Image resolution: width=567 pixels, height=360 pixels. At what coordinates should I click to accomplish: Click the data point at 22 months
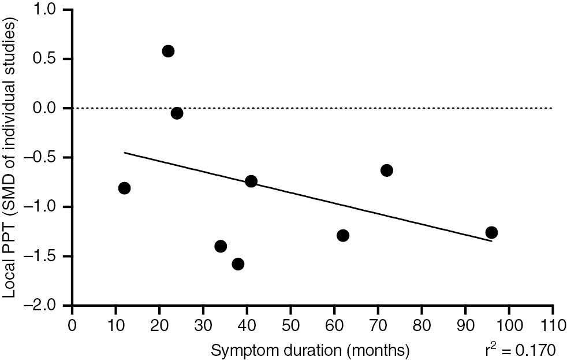pos(168,51)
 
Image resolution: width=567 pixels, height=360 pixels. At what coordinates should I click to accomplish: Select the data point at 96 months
pos(491,232)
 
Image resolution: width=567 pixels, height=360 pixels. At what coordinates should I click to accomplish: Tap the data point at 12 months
pos(124,188)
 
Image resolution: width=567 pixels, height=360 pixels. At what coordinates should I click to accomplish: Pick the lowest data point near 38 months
pos(238,264)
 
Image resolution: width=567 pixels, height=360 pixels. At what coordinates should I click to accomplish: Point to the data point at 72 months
pos(387,170)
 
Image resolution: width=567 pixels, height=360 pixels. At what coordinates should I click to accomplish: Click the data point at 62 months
pos(343,235)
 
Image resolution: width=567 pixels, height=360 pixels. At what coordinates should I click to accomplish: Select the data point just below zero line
pos(177,113)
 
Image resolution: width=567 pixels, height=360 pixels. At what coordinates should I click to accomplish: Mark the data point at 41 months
pos(251,181)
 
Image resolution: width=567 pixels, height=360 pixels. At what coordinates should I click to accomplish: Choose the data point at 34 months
pos(221,246)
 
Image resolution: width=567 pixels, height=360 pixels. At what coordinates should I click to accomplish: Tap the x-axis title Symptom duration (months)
pos(311,349)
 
